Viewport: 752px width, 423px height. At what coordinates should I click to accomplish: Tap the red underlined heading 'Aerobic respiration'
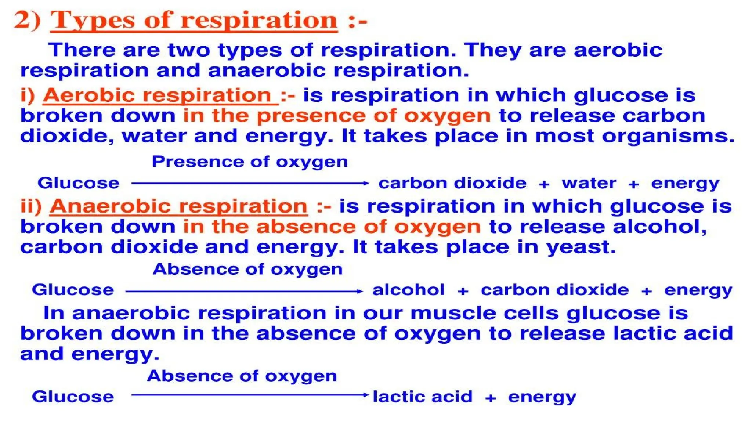(160, 95)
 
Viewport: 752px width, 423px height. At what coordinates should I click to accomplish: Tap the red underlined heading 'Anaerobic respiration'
(179, 206)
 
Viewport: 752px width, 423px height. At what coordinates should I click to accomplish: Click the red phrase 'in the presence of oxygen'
(337, 116)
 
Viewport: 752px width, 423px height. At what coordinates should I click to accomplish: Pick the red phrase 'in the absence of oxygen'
(332, 227)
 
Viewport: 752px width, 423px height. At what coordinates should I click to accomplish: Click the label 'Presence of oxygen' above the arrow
(250, 162)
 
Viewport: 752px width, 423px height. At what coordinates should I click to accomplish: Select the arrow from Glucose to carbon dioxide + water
(250, 183)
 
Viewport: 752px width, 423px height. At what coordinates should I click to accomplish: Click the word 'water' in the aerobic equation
(589, 183)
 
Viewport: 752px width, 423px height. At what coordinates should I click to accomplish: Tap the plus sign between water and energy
(634, 184)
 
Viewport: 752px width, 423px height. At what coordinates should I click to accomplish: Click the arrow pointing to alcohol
(244, 291)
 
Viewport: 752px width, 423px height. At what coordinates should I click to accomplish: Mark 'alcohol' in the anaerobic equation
(408, 290)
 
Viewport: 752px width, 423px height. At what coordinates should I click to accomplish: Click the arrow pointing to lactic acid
(250, 395)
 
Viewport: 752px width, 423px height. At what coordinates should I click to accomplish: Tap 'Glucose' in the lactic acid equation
(73, 397)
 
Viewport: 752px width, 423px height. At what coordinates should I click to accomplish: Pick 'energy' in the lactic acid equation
(542, 397)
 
